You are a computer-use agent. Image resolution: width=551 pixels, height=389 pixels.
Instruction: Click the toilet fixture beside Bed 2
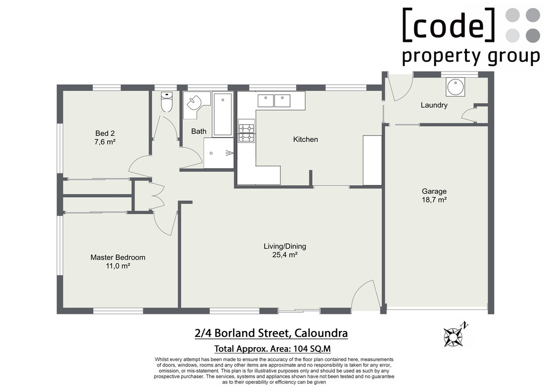click(x=167, y=102)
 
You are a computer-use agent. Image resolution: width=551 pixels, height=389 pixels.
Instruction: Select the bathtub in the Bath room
click(x=223, y=114)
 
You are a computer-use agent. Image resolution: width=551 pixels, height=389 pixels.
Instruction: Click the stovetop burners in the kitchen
click(x=246, y=131)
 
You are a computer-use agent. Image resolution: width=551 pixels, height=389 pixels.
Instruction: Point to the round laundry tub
click(x=455, y=87)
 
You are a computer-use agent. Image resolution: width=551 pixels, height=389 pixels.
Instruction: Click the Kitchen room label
click(x=306, y=139)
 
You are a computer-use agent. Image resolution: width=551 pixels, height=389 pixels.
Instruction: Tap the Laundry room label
click(x=434, y=105)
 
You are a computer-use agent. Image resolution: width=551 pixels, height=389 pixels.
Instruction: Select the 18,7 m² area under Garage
click(x=434, y=200)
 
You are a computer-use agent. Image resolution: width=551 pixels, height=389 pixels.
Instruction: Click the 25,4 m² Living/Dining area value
click(x=285, y=255)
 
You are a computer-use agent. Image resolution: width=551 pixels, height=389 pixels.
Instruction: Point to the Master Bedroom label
click(x=118, y=257)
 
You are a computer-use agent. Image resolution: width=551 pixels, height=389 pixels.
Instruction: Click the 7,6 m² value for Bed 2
click(x=105, y=142)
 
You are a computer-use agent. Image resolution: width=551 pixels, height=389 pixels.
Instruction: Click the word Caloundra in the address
click(x=321, y=333)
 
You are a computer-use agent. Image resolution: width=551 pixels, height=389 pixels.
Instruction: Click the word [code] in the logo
click(x=449, y=24)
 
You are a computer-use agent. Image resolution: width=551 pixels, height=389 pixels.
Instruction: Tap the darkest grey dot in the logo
click(x=533, y=35)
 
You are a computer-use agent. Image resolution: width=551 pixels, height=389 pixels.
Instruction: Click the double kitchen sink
click(x=274, y=100)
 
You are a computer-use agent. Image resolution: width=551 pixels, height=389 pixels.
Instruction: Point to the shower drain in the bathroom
click(x=211, y=153)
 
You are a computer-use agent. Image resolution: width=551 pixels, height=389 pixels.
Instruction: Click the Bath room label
click(x=199, y=131)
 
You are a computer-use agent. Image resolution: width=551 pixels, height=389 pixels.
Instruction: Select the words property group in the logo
click(x=471, y=56)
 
